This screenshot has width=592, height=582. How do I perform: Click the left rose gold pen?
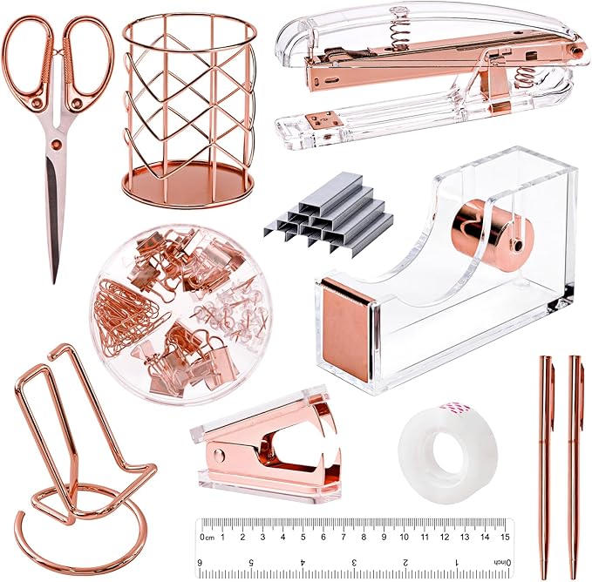pyautogui.click(x=547, y=453)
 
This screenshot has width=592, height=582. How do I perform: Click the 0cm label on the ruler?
pyautogui.click(x=208, y=537)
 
